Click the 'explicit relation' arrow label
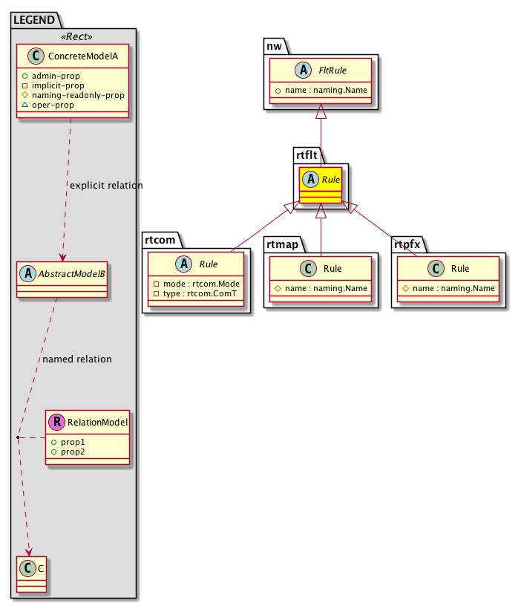pyautogui.click(x=105, y=185)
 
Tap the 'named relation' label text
pyautogui.click(x=77, y=359)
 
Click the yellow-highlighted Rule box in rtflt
pyautogui.click(x=321, y=186)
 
